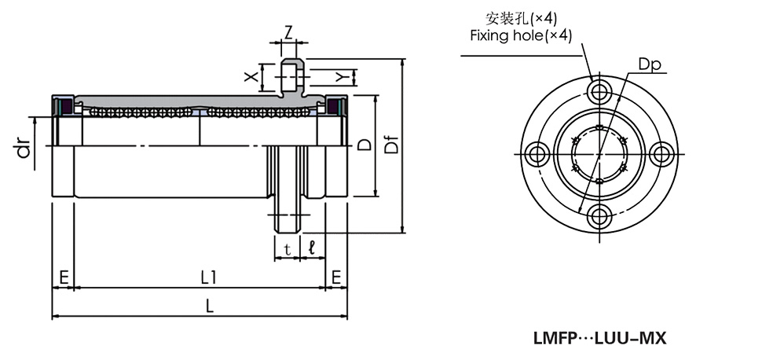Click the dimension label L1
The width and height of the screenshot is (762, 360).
[x=208, y=277]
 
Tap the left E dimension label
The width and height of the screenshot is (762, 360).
[x=63, y=277]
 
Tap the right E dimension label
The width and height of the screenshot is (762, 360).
[x=336, y=277]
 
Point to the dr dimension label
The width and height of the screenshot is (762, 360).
[x=24, y=146]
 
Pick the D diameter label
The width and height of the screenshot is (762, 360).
[x=364, y=145]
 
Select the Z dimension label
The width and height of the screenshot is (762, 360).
[x=289, y=33]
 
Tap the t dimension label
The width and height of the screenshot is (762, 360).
[x=288, y=248]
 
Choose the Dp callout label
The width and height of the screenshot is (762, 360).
[x=648, y=64]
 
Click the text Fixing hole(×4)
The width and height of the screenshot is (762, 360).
[x=520, y=35]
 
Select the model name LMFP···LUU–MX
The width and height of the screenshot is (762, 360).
[x=599, y=339]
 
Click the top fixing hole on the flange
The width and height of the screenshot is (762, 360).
[x=601, y=93]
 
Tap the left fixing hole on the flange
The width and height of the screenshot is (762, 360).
[x=540, y=153]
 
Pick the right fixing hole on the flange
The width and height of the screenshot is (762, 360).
[x=662, y=153]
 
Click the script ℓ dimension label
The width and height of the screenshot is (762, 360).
[x=313, y=248]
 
